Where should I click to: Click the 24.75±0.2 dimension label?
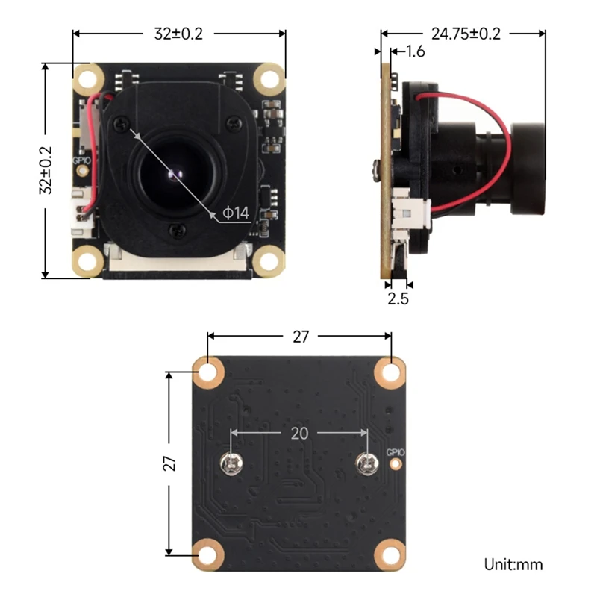pos(465,33)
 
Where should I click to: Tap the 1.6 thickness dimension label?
pos(414,51)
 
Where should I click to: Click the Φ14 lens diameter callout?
pos(235,214)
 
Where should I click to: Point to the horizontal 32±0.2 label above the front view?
pos(179,33)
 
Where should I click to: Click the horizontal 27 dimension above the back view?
pos(300,337)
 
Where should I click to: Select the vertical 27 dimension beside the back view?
pos(171,463)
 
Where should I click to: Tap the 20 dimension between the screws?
pos(299,432)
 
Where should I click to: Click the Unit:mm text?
pos(513,564)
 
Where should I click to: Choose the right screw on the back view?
pos(366,464)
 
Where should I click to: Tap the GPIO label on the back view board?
pos(395,452)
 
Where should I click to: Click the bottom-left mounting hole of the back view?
pos(208,553)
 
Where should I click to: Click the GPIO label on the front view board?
pos(80,159)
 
